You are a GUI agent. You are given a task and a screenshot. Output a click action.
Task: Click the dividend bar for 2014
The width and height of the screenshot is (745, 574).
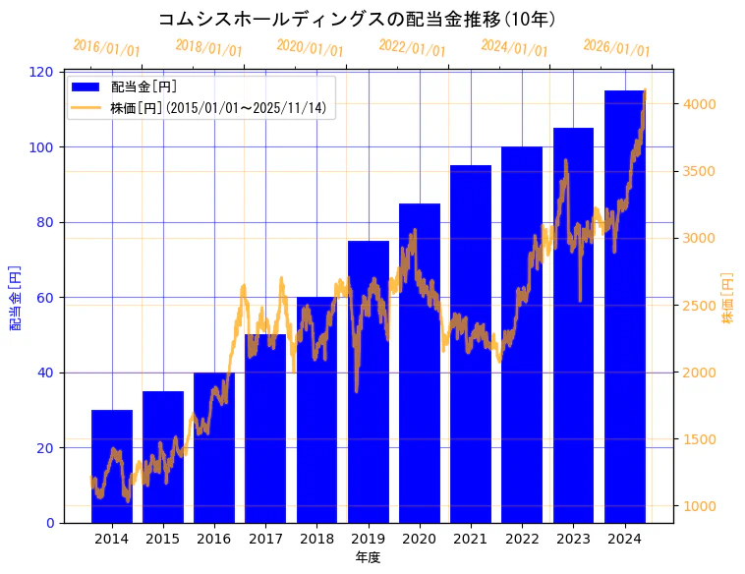pos(111,466)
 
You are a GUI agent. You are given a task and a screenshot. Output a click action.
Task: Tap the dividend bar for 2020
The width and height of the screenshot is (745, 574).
pos(420,363)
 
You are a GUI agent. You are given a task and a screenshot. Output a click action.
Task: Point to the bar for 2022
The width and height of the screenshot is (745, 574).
pos(522,334)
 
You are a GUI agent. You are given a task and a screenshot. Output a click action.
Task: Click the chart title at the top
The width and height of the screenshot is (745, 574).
pos(358,19)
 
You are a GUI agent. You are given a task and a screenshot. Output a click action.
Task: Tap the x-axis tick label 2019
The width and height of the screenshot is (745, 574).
pos(369,539)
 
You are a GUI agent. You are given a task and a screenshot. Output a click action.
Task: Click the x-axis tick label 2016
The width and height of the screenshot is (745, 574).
pos(214,539)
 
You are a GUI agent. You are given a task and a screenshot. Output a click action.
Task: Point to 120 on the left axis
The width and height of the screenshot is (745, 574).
pos(42,72)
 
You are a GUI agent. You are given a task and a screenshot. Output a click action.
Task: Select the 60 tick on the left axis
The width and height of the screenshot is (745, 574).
pos(46,298)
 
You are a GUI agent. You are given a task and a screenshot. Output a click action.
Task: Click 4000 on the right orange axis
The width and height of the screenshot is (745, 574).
pos(701,104)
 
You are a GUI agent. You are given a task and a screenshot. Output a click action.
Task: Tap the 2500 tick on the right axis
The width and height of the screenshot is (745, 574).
pos(701,306)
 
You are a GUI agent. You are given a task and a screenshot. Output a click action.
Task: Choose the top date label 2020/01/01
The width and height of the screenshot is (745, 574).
pos(311,47)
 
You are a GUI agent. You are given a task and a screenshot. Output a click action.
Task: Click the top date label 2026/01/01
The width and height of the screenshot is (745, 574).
pos(616,47)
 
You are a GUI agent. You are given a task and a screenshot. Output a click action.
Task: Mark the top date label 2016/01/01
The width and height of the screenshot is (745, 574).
pos(107,47)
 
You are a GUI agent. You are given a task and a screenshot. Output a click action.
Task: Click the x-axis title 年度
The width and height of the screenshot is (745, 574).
pos(368,557)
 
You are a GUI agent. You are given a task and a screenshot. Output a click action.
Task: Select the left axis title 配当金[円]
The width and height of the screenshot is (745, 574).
pos(16,297)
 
